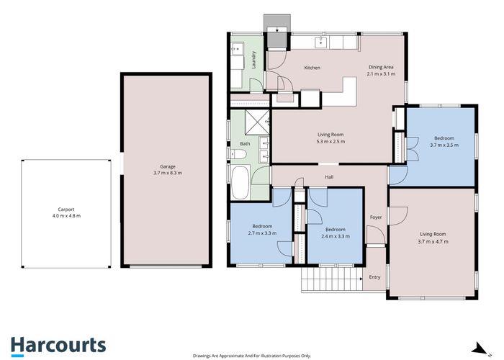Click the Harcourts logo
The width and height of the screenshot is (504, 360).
coord(58,346)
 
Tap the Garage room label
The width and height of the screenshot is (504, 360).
coord(168,167)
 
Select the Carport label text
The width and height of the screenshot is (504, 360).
coord(66,210)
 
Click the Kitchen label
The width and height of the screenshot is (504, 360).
coord(312,68)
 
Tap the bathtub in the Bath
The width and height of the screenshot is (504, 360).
coord(240,183)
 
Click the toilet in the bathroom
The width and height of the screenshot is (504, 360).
coord(264,153)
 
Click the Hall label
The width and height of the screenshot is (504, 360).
coord(329,176)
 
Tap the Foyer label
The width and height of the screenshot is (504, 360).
coord(375,217)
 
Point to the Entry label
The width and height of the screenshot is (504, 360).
coord(374,277)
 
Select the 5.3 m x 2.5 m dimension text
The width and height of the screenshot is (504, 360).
coord(331,141)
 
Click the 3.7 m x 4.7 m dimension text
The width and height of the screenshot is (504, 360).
coord(433,241)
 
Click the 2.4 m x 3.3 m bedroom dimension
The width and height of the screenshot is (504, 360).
coord(336,235)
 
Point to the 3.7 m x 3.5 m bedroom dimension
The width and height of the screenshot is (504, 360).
coord(444,145)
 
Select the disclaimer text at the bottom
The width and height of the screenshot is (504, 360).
coord(251,356)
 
